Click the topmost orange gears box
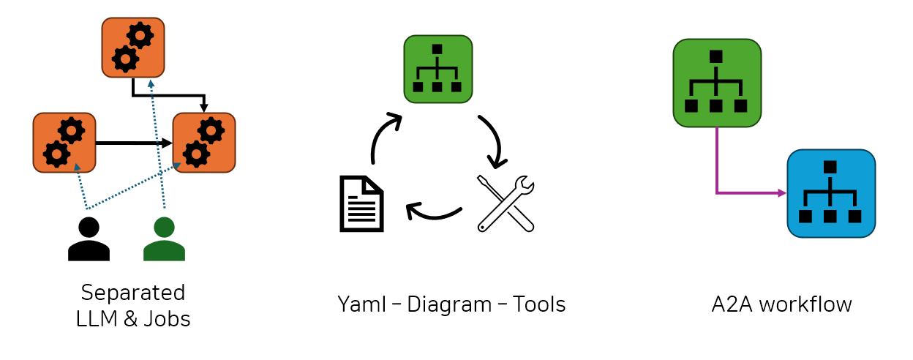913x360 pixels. [133, 48]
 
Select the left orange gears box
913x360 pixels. [64, 143]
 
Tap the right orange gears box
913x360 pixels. [204, 143]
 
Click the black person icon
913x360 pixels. [89, 239]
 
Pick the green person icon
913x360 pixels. [164, 239]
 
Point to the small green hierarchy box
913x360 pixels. [437, 69]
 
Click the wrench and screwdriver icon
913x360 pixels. [506, 203]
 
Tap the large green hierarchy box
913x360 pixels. [716, 83]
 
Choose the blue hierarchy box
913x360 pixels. [831, 193]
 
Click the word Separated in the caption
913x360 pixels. [133, 293]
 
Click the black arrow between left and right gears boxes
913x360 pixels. [132, 143]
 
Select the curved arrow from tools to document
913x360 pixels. [433, 214]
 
